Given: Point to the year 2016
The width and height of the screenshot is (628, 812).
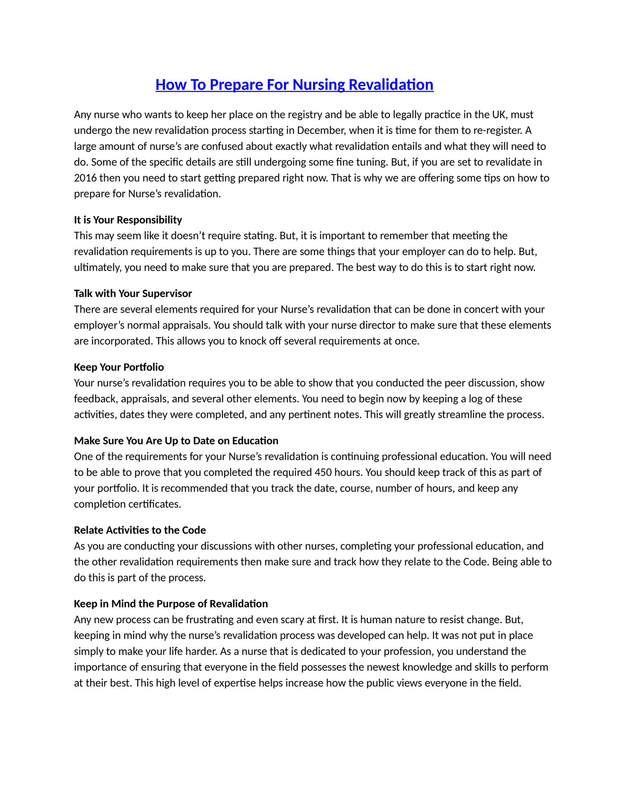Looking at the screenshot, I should [85, 178].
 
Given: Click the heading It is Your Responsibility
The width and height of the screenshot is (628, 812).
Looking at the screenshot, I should [128, 220].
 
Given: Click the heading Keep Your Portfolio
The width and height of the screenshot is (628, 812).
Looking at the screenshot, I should [119, 367].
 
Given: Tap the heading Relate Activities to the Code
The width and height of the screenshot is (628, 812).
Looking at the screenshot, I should [140, 530].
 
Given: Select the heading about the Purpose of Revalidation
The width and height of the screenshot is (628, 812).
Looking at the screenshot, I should [171, 604].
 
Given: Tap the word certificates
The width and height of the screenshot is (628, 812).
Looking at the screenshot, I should [154, 504].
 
